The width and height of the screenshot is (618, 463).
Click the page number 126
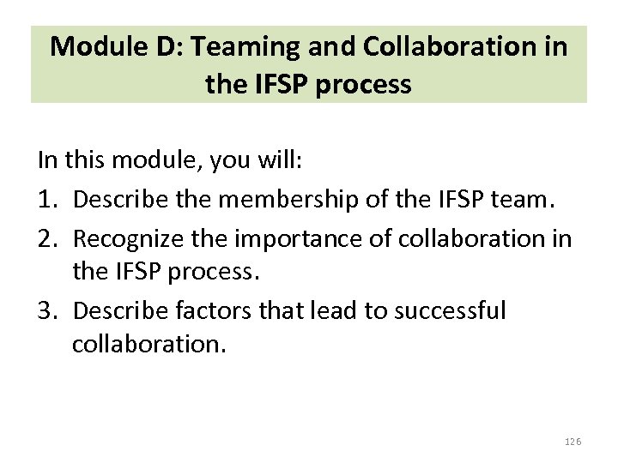pos(573,441)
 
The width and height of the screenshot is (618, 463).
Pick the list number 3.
pos(46,310)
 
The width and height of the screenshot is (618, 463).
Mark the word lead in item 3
pos(336,310)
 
